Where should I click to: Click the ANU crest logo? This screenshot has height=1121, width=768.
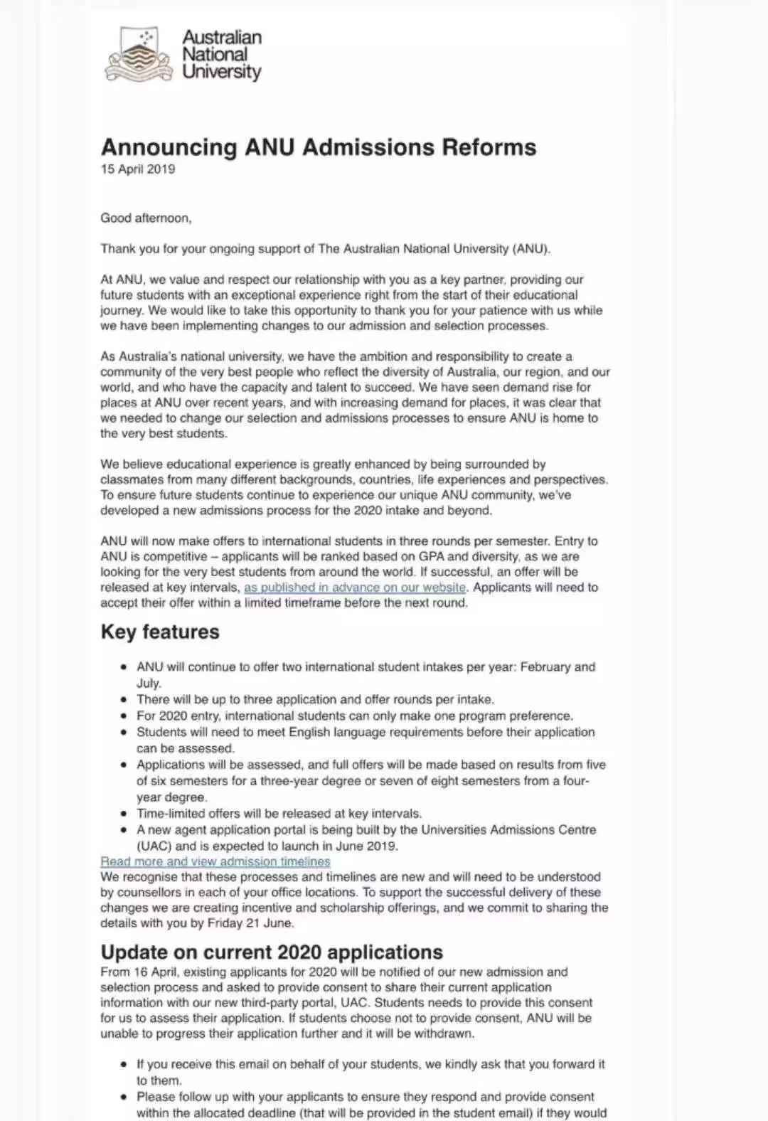139,55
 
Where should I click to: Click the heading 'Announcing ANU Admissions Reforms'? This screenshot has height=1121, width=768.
319,147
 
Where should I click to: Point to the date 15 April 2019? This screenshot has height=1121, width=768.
137,169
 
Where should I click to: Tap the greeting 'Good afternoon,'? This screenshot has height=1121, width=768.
146,218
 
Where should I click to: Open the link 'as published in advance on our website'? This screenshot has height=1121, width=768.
355,588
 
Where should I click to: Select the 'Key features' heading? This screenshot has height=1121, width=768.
160,632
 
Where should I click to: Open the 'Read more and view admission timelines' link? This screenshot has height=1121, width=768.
215,861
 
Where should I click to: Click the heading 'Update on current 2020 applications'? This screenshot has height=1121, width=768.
272,952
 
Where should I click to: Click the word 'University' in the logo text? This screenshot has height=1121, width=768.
222,72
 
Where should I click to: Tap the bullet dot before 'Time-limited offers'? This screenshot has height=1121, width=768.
124,814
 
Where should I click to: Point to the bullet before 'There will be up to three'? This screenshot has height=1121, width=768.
124,700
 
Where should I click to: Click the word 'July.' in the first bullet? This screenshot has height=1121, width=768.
149,684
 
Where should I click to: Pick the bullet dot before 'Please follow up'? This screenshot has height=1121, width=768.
124,1098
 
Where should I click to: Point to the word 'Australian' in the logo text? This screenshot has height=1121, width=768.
222,37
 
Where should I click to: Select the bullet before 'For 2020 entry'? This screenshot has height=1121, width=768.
124,716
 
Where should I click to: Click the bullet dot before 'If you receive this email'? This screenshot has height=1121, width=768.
124,1065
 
